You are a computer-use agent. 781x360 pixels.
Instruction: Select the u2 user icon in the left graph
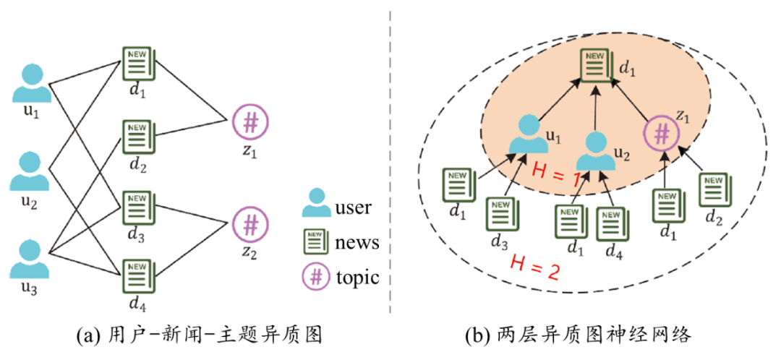[30, 171]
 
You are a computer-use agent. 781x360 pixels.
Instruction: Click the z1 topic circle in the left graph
[250, 123]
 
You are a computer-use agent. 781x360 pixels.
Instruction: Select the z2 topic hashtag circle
[250, 226]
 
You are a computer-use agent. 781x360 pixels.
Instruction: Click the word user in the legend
[353, 208]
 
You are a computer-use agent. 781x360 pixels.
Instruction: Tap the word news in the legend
[357, 243]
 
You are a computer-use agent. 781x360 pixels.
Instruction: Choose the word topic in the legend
[357, 277]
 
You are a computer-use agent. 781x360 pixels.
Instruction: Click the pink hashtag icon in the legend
[316, 277]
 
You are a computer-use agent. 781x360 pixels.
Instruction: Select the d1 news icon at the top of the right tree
[597, 68]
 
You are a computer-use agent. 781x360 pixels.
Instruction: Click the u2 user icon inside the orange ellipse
[596, 151]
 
